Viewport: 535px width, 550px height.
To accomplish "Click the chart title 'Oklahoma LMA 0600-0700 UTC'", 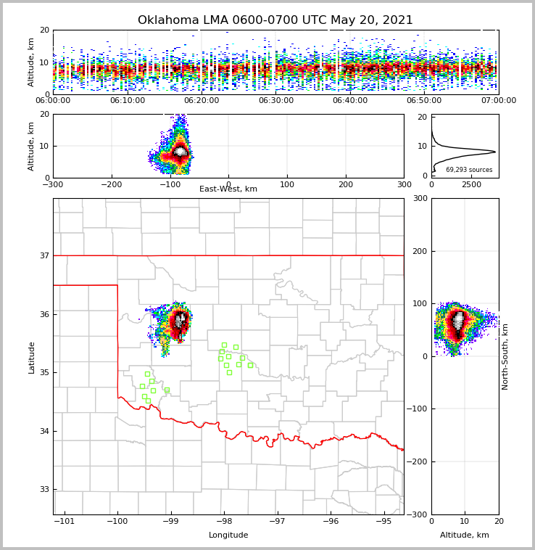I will [x=275, y=20].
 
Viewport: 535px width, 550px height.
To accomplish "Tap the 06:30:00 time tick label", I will [x=276, y=101].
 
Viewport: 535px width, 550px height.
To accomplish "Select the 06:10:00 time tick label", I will [x=128, y=101].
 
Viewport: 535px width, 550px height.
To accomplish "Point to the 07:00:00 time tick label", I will [x=498, y=101].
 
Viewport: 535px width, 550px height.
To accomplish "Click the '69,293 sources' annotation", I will [x=469, y=170].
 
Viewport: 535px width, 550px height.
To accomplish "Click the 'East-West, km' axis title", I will [x=228, y=189].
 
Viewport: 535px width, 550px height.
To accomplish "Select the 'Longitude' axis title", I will [x=228, y=535].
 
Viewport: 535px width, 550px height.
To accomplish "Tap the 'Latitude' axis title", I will [x=31, y=357].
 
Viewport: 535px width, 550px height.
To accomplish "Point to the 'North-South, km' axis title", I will [x=505, y=357].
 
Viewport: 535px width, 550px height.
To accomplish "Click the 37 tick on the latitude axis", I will [x=44, y=256].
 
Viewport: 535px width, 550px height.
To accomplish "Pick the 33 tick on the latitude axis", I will [x=44, y=490].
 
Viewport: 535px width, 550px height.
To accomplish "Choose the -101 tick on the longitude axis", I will [x=65, y=522].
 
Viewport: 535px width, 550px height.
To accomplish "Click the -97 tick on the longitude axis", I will [x=277, y=522].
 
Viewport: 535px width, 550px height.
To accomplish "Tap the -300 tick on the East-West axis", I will [x=53, y=185].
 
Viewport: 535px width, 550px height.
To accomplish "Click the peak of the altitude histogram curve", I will [x=495, y=152].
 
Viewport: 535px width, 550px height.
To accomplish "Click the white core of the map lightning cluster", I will [x=179, y=319].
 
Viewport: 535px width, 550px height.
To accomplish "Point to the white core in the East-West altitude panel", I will [x=180, y=151].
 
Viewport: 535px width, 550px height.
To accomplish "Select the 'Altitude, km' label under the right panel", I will [x=465, y=535].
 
